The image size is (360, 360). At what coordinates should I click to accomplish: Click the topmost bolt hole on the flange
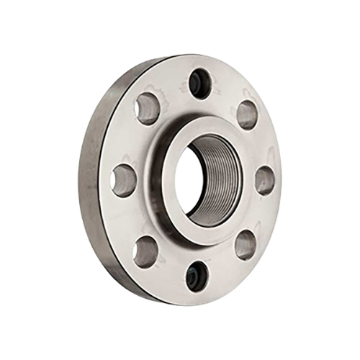click(x=198, y=84)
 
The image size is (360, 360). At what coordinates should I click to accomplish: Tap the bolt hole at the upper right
click(x=246, y=114)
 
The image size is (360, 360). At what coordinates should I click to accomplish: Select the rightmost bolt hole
click(x=265, y=179)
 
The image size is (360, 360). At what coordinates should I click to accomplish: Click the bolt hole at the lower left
click(x=147, y=250)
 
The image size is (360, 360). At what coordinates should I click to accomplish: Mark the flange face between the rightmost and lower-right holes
click(x=261, y=214)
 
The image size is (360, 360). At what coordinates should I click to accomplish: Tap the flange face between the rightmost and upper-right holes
click(x=261, y=145)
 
